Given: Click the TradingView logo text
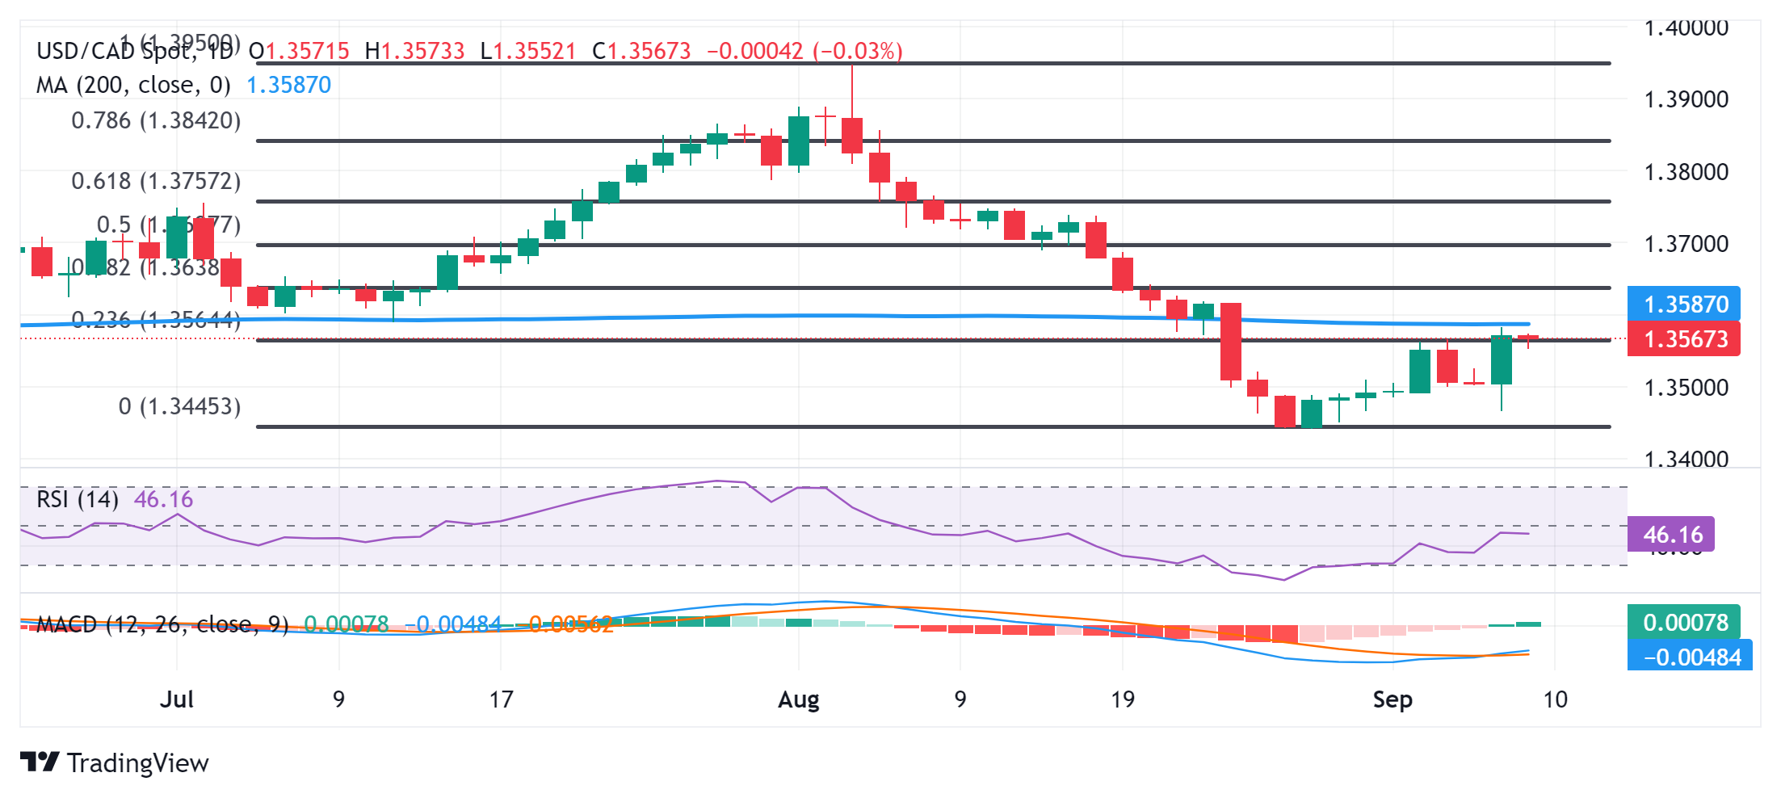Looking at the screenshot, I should point(137,763).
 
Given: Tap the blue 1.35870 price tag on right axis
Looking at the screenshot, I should point(1684,304).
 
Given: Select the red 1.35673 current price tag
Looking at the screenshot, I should point(1684,339).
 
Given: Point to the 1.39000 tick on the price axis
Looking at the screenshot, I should point(1686,99).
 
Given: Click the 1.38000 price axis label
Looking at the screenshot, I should point(1686,172).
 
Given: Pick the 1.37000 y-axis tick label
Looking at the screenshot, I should point(1686,244).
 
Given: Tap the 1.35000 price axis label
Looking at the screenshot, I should point(1686,388).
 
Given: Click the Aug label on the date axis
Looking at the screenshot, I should point(798,699).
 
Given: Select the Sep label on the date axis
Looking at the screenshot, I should point(1392,699).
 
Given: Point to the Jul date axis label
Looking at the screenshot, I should point(176,699).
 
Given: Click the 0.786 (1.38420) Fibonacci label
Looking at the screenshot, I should point(156,121).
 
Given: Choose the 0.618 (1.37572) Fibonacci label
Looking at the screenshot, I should point(156,181).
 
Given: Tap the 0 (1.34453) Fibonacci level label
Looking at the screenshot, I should point(179,406).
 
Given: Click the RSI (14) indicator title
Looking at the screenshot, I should point(78,499).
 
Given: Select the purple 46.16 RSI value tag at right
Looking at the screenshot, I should point(1672,535).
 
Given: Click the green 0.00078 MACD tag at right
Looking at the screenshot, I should point(1685,623).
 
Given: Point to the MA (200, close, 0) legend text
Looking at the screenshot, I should point(133,85).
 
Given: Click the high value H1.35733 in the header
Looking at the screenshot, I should point(414,52).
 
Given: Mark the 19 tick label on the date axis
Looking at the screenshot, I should point(1122,699).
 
